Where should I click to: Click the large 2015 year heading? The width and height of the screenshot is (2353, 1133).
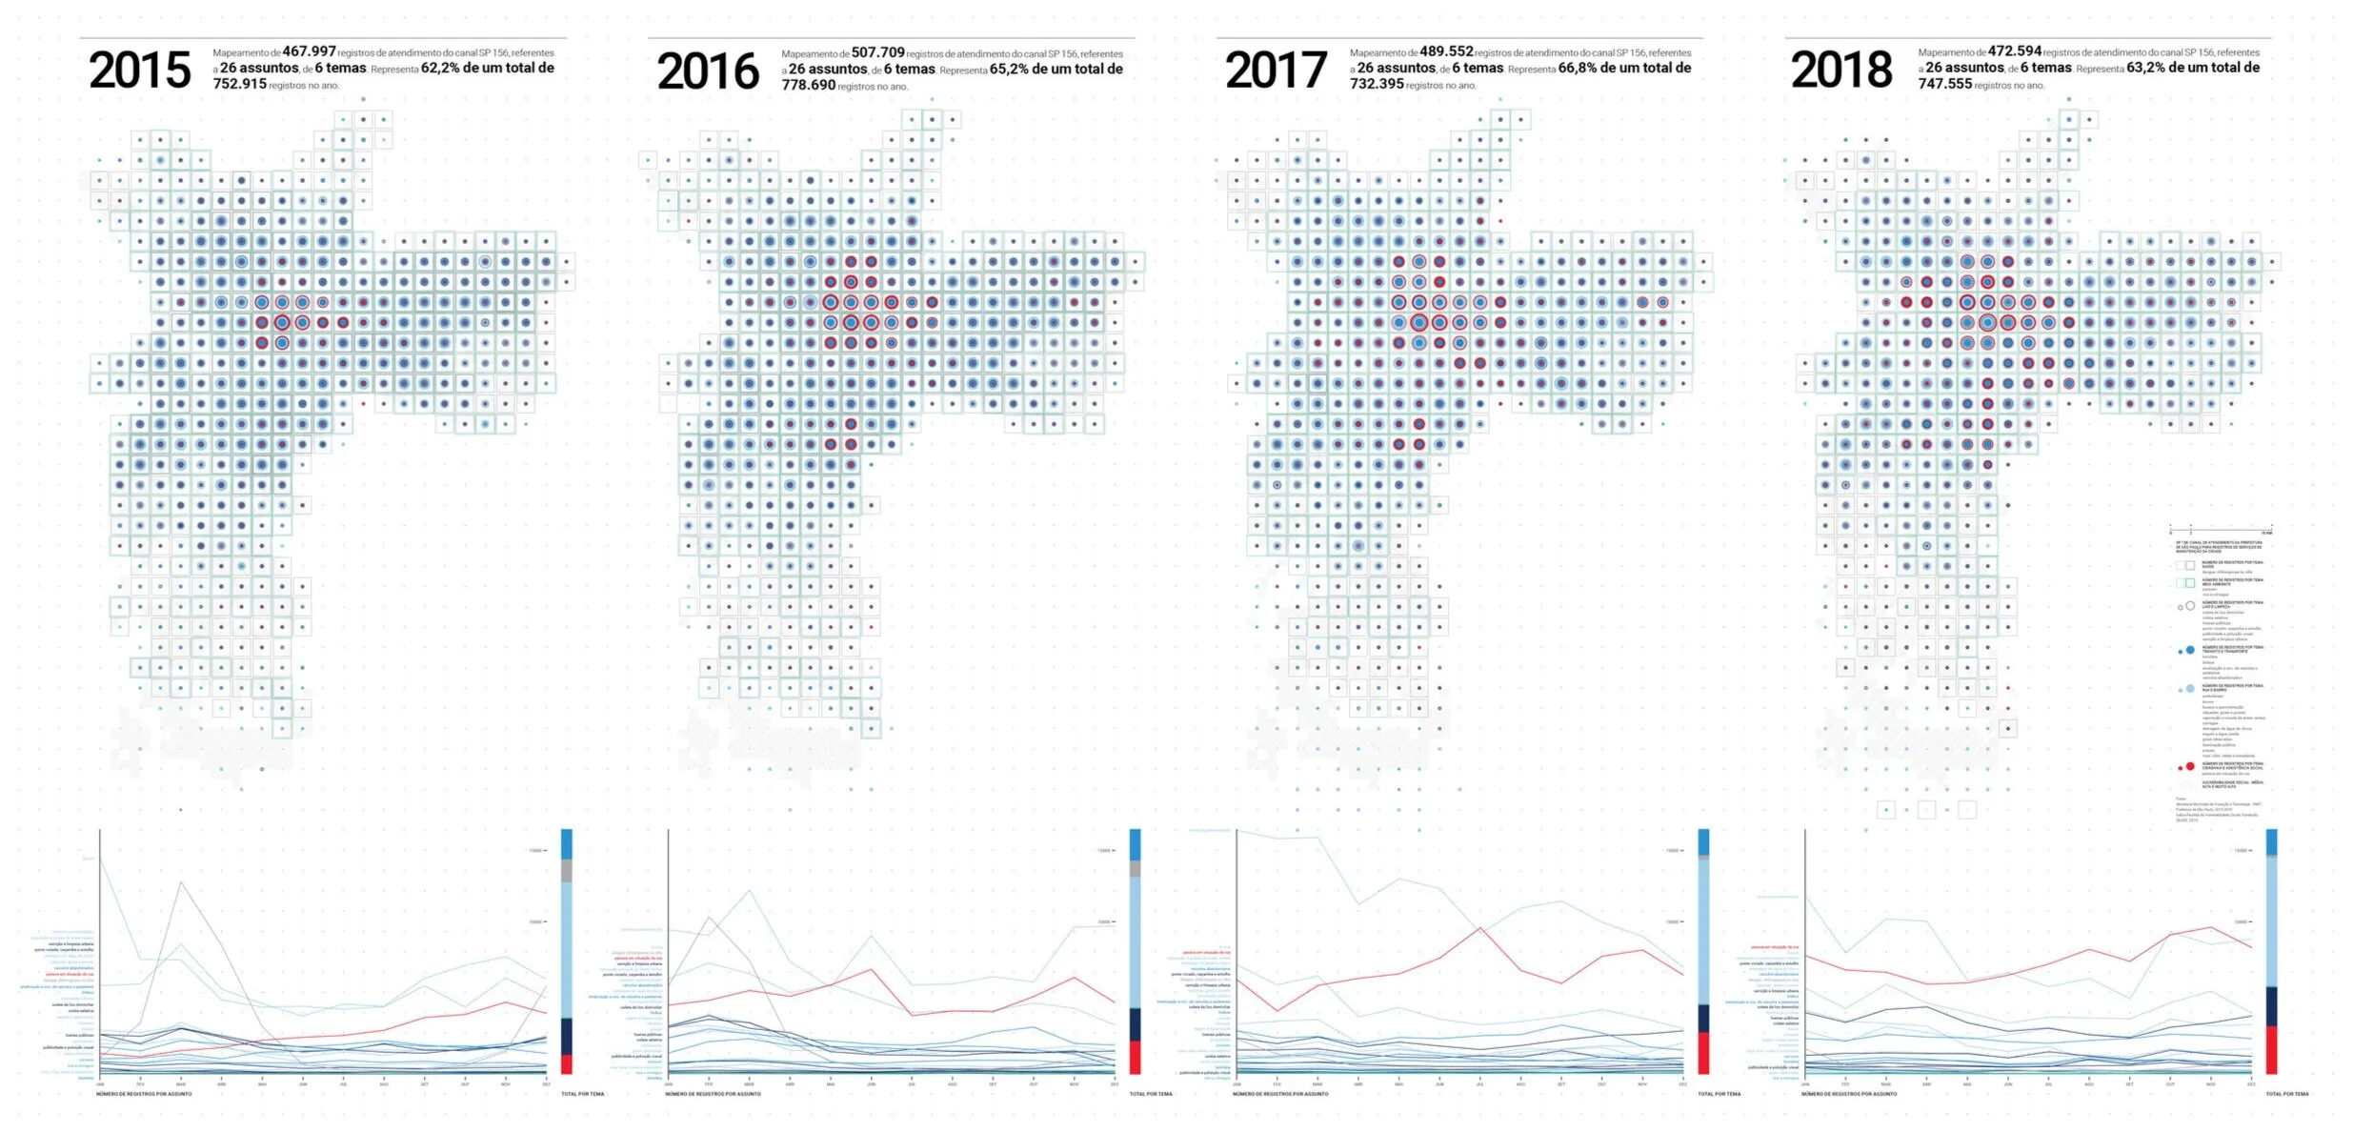[140, 71]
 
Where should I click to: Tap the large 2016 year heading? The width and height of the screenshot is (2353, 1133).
[708, 71]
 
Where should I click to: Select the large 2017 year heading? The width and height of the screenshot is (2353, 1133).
[1276, 71]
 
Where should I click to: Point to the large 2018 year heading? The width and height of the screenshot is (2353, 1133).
[1841, 71]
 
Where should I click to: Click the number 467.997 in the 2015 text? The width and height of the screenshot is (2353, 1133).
[309, 51]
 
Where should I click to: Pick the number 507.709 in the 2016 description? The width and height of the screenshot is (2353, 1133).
[877, 52]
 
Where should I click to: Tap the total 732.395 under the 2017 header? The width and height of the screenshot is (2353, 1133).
[1377, 84]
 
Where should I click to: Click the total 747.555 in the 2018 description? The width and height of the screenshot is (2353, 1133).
[1945, 84]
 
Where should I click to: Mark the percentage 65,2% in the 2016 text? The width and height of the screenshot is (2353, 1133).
[1009, 69]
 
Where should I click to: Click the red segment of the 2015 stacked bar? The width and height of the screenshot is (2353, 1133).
[567, 1063]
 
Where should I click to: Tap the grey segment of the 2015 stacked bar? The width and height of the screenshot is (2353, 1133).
[567, 870]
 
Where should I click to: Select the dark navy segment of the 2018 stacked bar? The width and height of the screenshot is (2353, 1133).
[2272, 1006]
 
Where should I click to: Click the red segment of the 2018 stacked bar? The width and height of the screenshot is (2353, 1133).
[2272, 1050]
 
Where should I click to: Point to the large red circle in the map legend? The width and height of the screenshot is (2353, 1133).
[2190, 766]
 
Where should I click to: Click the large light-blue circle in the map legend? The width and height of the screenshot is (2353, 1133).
[2190, 688]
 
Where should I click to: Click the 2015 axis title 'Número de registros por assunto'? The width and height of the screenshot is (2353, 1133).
[144, 1094]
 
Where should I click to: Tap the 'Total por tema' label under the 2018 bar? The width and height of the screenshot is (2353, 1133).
[2287, 1094]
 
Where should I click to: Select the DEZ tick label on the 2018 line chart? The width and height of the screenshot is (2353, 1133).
[2251, 1084]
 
